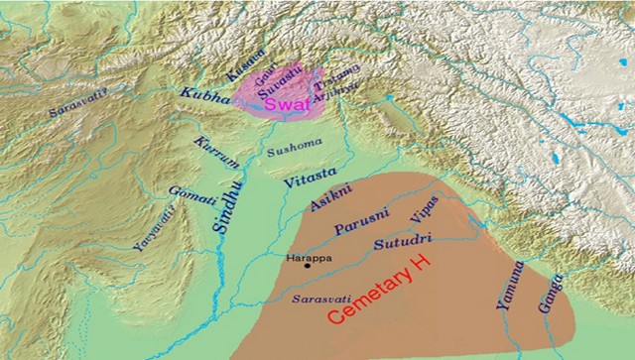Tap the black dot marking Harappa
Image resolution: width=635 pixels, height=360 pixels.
point(308,266)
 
